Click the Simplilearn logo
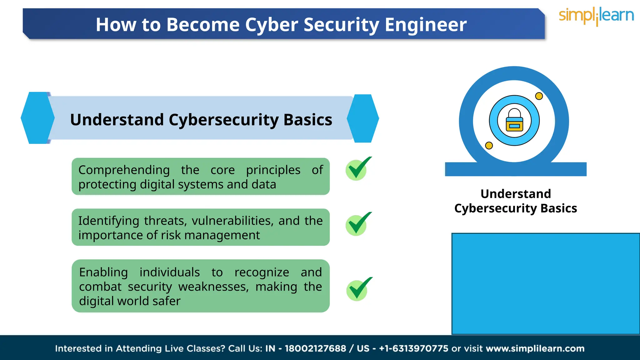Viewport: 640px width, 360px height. coord(596,16)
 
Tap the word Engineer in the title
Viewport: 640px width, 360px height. coord(426,25)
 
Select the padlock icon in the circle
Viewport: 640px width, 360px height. coord(514,120)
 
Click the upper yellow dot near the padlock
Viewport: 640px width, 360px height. coord(539,96)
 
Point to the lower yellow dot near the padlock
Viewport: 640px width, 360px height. coord(489,145)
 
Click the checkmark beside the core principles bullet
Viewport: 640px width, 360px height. coord(357,169)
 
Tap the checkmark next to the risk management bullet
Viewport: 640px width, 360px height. coord(357,224)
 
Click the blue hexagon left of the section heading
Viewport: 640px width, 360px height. coord(37,118)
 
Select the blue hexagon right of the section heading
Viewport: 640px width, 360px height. coord(363,118)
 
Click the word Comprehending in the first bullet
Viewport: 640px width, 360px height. coord(124,170)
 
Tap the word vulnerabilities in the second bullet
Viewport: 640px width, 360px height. coord(232,221)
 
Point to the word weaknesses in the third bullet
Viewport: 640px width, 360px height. coord(213,287)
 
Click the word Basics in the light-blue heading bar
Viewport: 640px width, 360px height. coord(308,120)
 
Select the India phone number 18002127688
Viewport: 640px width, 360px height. coord(315,348)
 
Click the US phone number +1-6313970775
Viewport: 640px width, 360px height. coord(413,348)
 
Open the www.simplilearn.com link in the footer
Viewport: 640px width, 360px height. coord(535,348)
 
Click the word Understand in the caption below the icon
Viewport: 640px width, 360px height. coord(516,194)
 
